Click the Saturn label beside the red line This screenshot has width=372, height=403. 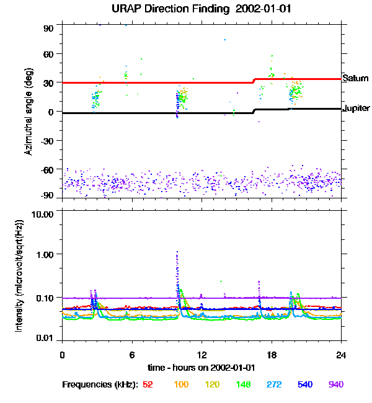(356, 79)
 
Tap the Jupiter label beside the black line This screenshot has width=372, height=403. (356, 108)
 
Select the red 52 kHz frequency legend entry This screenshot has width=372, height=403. (148, 384)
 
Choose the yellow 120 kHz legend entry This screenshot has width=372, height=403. (212, 384)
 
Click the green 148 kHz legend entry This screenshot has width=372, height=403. (243, 384)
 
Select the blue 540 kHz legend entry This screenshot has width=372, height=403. (305, 384)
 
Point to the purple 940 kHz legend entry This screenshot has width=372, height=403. (336, 384)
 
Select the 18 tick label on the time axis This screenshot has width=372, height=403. (272, 355)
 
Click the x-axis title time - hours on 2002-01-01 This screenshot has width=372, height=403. (201, 367)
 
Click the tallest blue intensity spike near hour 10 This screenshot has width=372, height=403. (177, 253)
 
